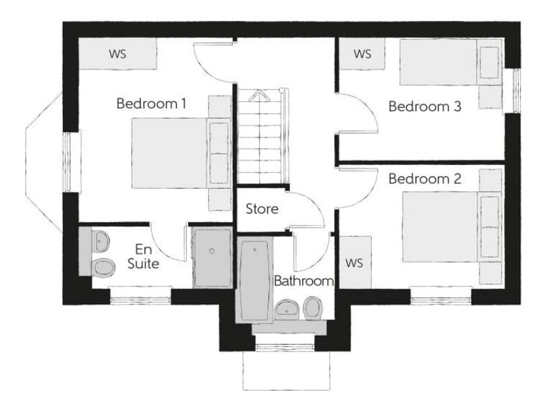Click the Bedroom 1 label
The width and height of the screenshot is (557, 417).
tap(151, 104)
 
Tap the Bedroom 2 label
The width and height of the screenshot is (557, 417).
tap(425, 179)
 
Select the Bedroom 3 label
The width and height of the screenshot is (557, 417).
tap(425, 106)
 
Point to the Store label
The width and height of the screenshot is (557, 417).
tap(262, 209)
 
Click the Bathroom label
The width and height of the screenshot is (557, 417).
tap(303, 281)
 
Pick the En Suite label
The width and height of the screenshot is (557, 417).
tap(143, 256)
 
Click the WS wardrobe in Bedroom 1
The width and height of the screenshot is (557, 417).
tap(117, 54)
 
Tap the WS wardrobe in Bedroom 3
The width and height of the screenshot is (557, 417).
tap(362, 54)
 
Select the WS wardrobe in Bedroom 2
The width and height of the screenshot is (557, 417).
tap(355, 263)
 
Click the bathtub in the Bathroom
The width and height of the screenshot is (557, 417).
tap(254, 281)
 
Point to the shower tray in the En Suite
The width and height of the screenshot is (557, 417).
tap(212, 258)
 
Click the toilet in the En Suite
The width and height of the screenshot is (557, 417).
tap(103, 267)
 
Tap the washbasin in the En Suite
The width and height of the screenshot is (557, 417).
tap(100, 240)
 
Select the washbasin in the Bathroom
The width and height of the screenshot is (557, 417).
tap(288, 309)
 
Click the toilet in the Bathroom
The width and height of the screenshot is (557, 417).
tap(313, 307)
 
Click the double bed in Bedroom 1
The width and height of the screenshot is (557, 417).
tap(181, 153)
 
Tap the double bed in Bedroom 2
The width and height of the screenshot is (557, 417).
tap(452, 227)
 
